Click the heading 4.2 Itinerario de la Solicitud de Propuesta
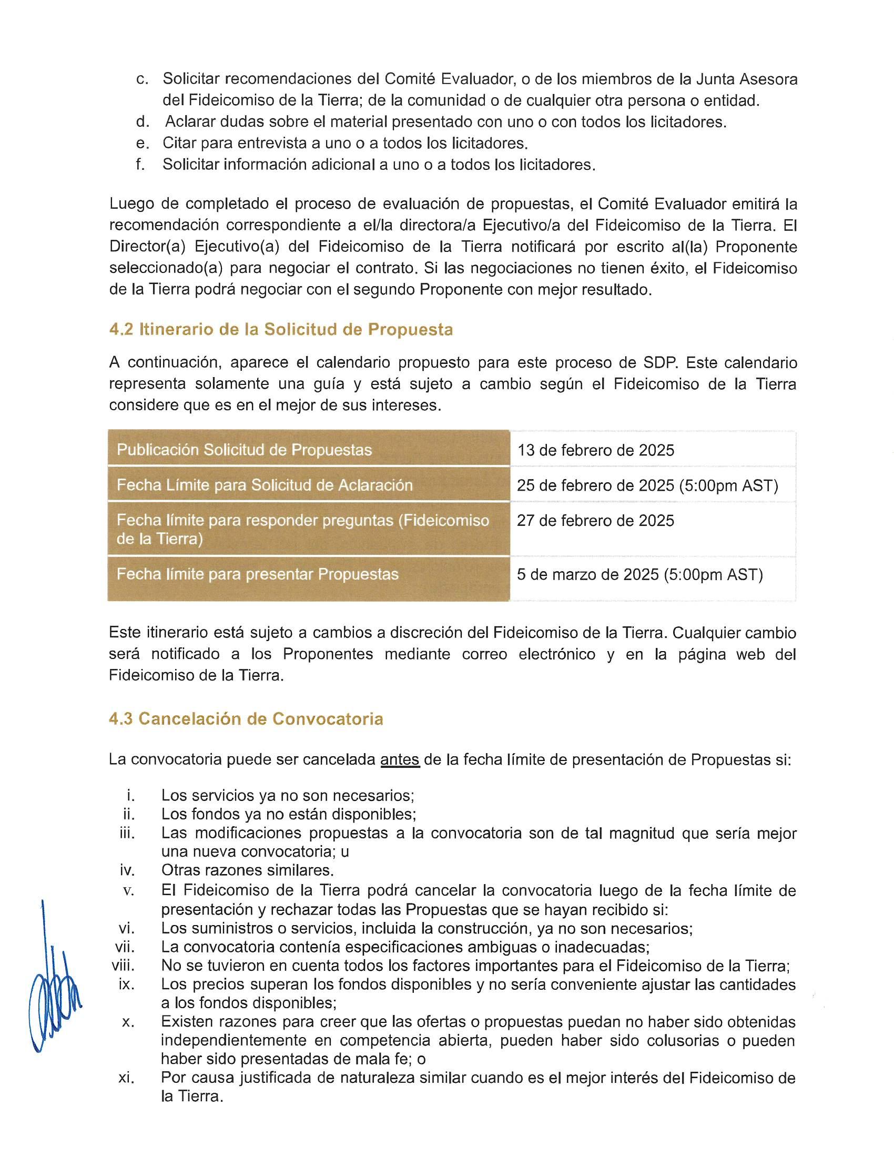[281, 330]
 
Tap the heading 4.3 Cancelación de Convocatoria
[246, 719]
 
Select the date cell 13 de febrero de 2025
[595, 450]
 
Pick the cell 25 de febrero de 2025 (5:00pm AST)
[647, 485]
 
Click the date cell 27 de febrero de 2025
[595, 520]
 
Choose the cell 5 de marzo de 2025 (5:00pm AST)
[640, 574]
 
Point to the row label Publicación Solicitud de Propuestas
[244, 450]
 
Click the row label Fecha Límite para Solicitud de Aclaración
[265, 485]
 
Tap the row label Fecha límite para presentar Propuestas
[257, 574]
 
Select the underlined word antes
[400, 760]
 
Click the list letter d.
[142, 122]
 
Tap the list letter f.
[140, 164]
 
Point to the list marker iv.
[127, 870]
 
